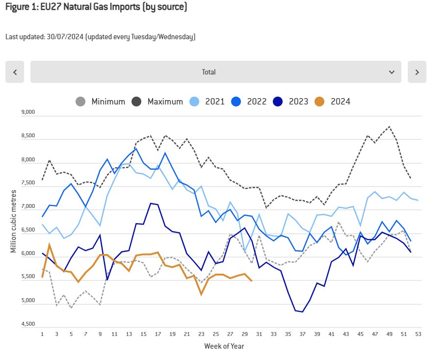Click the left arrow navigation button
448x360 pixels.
click(15, 72)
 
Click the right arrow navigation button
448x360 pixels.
click(417, 72)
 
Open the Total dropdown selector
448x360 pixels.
click(215, 72)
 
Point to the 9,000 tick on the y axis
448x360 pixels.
click(28, 112)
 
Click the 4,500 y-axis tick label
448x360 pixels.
click(28, 324)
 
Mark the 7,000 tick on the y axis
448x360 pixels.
click(28, 206)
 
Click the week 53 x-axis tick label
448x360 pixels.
click(418, 334)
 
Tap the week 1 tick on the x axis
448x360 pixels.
click(43, 334)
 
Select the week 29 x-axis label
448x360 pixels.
click(245, 334)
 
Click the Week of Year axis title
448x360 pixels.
click(224, 346)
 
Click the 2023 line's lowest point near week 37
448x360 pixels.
click(302, 311)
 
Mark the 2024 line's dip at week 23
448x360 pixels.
click(201, 294)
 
